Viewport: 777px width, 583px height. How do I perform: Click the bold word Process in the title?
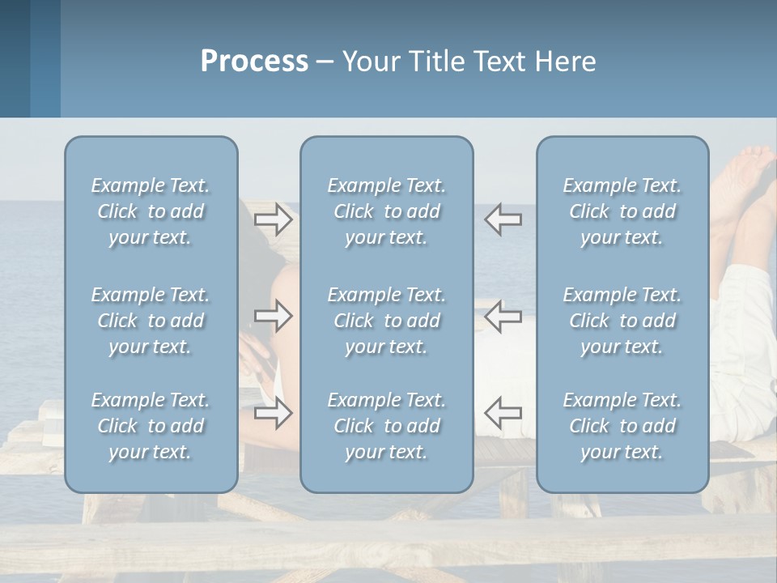point(254,62)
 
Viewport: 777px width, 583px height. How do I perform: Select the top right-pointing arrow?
point(274,219)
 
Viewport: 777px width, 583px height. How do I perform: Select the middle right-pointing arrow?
point(274,316)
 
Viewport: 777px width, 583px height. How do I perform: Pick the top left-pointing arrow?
point(503,219)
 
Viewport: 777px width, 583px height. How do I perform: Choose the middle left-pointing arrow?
point(503,316)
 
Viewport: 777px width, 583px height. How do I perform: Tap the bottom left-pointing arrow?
point(503,413)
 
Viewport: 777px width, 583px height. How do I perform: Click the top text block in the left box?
point(151,211)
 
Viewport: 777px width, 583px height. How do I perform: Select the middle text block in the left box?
point(151,321)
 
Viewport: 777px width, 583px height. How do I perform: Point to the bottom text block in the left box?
point(151,426)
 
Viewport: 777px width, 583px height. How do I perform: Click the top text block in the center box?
point(386,211)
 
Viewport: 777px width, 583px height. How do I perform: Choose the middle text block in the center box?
point(386,321)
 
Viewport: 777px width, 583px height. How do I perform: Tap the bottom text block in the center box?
point(386,426)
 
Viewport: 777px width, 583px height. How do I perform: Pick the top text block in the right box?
point(622,211)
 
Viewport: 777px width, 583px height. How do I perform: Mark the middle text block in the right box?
point(622,321)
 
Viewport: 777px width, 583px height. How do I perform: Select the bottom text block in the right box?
point(622,426)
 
